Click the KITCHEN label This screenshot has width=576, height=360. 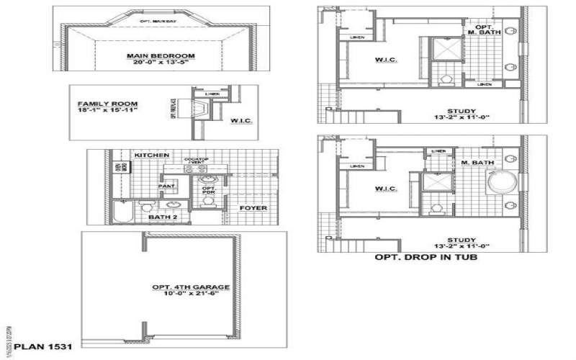tap(151, 156)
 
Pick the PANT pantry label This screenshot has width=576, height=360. tap(166, 186)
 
